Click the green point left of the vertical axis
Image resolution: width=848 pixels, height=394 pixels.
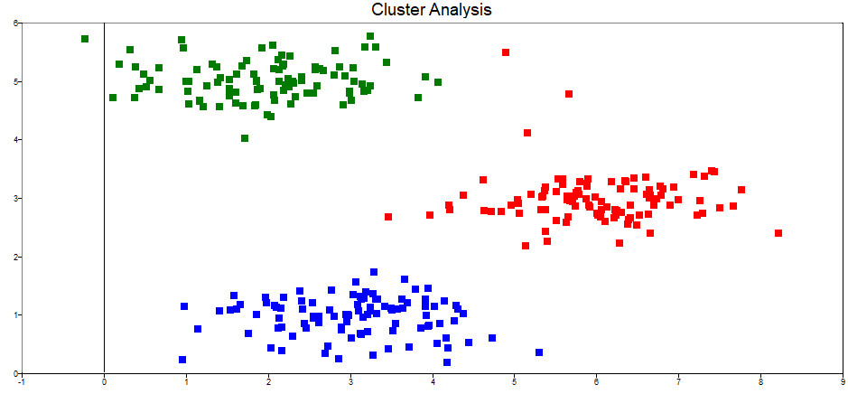click(85, 39)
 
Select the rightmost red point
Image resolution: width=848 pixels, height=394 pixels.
click(778, 233)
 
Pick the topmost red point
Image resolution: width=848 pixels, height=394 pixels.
click(506, 52)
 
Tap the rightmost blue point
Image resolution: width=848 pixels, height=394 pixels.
click(539, 352)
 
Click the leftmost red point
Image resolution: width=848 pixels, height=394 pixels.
click(388, 217)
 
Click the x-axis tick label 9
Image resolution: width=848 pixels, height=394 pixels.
click(843, 382)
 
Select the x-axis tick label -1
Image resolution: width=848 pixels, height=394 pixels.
click(22, 382)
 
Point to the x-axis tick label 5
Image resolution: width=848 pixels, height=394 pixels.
click(515, 382)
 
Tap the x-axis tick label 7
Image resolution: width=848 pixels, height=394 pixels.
click(679, 382)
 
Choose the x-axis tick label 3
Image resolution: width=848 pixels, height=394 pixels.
click(350, 382)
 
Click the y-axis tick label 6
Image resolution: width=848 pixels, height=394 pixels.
click(15, 23)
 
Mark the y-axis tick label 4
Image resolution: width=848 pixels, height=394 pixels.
click(15, 140)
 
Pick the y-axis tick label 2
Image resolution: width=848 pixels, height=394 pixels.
click(15, 257)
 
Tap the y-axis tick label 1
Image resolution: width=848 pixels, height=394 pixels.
click(15, 315)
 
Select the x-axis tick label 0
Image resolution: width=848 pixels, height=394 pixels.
click(105, 382)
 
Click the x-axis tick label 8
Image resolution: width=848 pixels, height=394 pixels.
click(761, 382)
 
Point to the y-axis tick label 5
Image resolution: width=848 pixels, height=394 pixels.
click(15, 82)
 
